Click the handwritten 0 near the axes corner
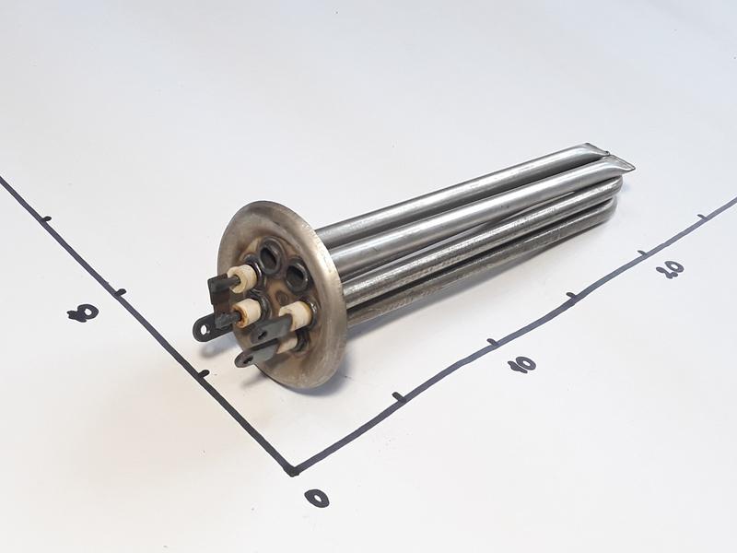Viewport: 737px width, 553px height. [316, 497]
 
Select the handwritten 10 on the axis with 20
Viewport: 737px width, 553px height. [522, 363]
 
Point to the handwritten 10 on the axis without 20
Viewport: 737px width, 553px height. [83, 312]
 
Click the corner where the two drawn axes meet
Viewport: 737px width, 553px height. [292, 470]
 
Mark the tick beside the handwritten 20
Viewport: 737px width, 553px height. [642, 253]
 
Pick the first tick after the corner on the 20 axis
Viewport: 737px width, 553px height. [399, 396]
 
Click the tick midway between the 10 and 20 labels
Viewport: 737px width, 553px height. [571, 296]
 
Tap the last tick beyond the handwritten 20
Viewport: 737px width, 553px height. [702, 216]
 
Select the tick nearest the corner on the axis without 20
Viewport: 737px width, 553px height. [204, 374]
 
